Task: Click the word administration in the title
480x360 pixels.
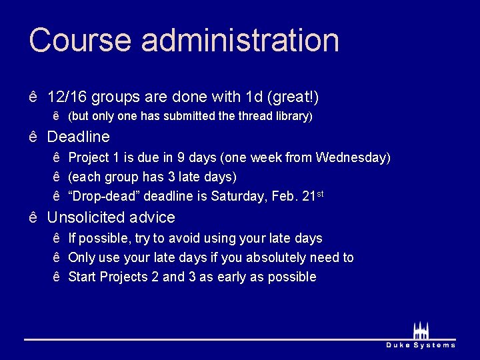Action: click(240, 40)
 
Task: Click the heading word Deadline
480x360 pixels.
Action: click(78, 137)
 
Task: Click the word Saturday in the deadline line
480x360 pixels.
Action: click(237, 197)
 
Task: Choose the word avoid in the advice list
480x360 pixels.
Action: click(184, 238)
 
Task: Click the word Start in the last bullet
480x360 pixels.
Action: click(82, 277)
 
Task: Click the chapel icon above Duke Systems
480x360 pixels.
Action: click(420, 330)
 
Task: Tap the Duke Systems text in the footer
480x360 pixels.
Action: click(421, 345)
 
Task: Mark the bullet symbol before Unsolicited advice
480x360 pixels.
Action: click(33, 217)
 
